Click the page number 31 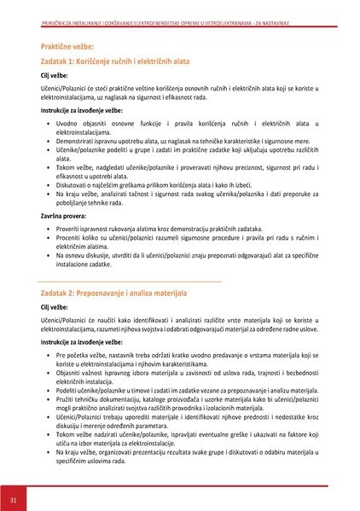click(14, 498)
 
